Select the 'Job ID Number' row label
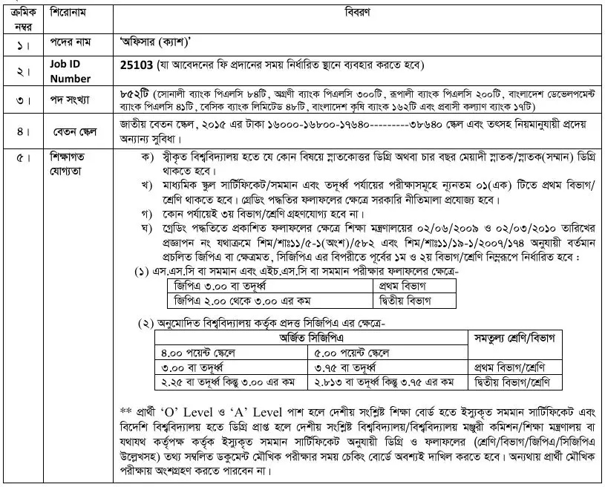point(71,71)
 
